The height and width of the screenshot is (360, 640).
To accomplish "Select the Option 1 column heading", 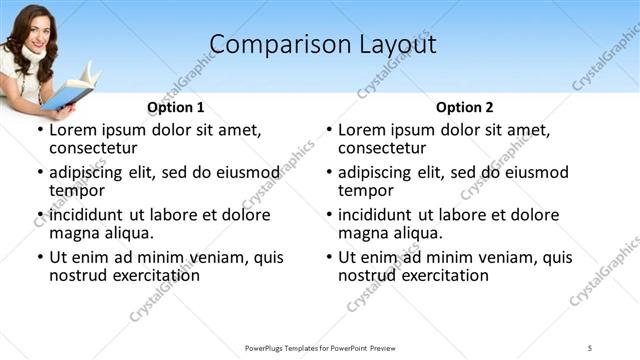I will pos(175,107).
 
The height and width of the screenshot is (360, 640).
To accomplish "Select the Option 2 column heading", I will pos(464,107).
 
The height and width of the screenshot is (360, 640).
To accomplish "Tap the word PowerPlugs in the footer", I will pos(267,347).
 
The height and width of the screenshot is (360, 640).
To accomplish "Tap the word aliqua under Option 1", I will pos(126,233).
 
